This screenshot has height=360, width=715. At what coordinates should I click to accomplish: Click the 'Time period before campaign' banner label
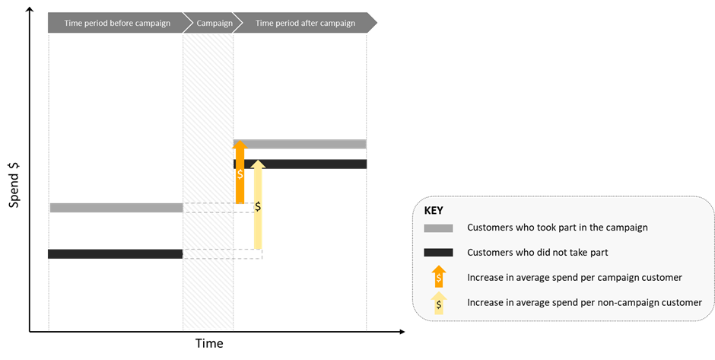point(117,24)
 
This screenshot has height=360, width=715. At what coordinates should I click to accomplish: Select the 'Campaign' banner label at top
point(214,24)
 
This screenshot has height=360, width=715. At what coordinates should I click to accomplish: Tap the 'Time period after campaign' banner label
point(305,24)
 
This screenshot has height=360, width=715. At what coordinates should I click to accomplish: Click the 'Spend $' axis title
point(14,184)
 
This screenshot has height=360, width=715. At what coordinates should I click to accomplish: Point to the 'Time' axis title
point(209,343)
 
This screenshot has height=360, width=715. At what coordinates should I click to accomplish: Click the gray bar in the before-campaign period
point(116,208)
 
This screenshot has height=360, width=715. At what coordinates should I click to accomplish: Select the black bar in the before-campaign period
point(116,253)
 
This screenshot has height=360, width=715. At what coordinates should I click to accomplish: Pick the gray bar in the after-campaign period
point(300,144)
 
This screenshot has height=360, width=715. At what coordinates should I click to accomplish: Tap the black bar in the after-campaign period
point(300,164)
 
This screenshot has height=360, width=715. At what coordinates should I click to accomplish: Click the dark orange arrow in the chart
point(240,172)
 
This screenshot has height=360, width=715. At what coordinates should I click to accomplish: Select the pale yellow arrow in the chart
point(258,205)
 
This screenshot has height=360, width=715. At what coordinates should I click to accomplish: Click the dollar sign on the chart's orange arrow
point(240,174)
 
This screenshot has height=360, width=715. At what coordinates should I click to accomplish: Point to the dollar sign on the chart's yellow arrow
point(258,207)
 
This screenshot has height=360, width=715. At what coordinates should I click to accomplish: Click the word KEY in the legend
point(434,210)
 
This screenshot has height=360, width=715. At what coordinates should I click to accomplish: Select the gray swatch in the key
point(438,228)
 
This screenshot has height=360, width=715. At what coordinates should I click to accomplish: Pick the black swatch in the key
point(438,253)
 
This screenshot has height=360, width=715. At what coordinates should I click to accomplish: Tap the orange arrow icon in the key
point(439,276)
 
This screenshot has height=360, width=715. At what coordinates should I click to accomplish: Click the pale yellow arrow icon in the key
point(439,303)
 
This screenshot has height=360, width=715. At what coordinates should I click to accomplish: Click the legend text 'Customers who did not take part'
point(538,253)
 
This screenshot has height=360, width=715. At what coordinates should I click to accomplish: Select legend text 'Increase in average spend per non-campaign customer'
point(585,302)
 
